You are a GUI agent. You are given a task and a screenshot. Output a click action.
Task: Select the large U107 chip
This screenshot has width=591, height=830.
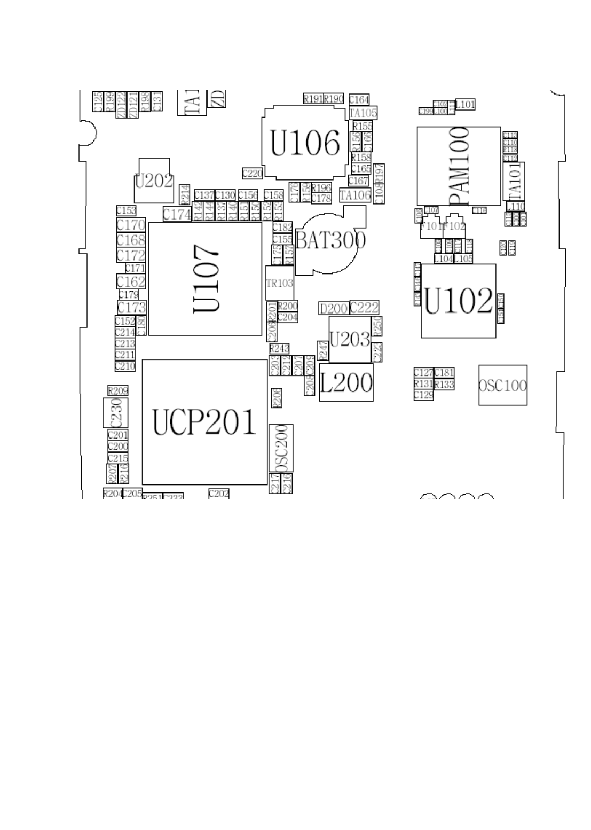pos(205,279)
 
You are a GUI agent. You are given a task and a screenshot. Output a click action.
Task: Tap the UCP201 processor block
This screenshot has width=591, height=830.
pos(204,422)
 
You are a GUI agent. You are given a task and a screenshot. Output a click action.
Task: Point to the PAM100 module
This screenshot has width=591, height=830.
pos(459,166)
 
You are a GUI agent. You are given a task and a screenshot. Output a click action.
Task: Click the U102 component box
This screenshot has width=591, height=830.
pos(458,301)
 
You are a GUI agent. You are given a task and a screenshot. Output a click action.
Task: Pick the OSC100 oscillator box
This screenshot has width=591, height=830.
pos(502,385)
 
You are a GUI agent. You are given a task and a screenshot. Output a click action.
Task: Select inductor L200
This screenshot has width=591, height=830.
pos(346,382)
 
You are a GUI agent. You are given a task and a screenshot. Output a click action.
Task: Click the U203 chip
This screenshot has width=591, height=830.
pos(350,339)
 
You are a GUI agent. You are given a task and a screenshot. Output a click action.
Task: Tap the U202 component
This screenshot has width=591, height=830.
pos(154,182)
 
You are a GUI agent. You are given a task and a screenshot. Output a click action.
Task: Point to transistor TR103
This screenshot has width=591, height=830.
pos(280,283)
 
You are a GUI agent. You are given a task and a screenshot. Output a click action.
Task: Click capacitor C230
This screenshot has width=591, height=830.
pos(118,412)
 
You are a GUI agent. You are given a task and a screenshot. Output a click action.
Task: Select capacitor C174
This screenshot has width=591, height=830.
pos(177,215)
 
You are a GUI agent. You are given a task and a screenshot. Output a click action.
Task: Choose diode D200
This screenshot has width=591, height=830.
pos(333,309)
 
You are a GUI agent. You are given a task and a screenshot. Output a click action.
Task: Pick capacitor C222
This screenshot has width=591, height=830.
pos(364,308)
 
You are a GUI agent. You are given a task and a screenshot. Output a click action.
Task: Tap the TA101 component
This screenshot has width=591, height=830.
pos(514,182)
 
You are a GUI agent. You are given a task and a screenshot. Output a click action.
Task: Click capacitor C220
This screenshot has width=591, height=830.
pos(252,173)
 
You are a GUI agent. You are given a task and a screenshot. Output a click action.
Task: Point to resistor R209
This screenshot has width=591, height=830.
pos(118,391)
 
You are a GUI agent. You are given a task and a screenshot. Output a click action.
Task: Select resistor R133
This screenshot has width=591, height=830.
pos(444,385)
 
